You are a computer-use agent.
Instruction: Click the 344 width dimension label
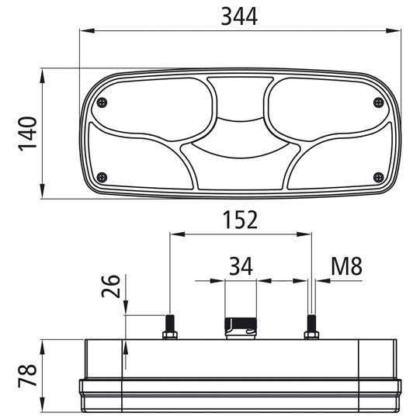(x=239, y=16)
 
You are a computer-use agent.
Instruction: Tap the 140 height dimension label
(x=27, y=134)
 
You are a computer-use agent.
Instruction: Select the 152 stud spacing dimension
(x=240, y=220)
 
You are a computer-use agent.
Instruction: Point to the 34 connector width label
(x=241, y=266)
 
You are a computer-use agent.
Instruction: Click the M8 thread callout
(x=346, y=266)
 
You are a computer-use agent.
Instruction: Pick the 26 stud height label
(x=111, y=286)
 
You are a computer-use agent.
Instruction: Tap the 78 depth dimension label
(x=27, y=376)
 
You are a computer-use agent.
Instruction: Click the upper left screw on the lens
(x=102, y=102)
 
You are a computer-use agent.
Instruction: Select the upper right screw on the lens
(x=379, y=102)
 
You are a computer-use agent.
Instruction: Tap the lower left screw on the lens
(x=102, y=177)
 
